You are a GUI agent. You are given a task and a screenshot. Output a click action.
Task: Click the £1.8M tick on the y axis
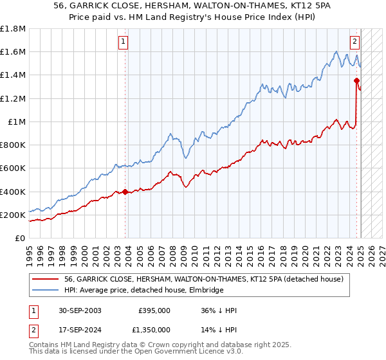pyautogui.click(x=13, y=29)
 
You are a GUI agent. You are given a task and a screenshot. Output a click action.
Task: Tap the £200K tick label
pyautogui.click(x=13, y=215)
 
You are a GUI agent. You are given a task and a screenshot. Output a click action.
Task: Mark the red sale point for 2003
pyautogui.click(x=125, y=192)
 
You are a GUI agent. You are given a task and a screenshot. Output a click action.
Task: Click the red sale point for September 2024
pyautogui.click(x=356, y=80)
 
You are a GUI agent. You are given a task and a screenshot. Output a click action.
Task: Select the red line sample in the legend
pyautogui.click(x=46, y=279)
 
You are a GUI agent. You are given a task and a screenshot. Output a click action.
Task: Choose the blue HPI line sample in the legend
pyautogui.click(x=46, y=291)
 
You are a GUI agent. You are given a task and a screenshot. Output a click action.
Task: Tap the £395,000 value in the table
pyautogui.click(x=154, y=310)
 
